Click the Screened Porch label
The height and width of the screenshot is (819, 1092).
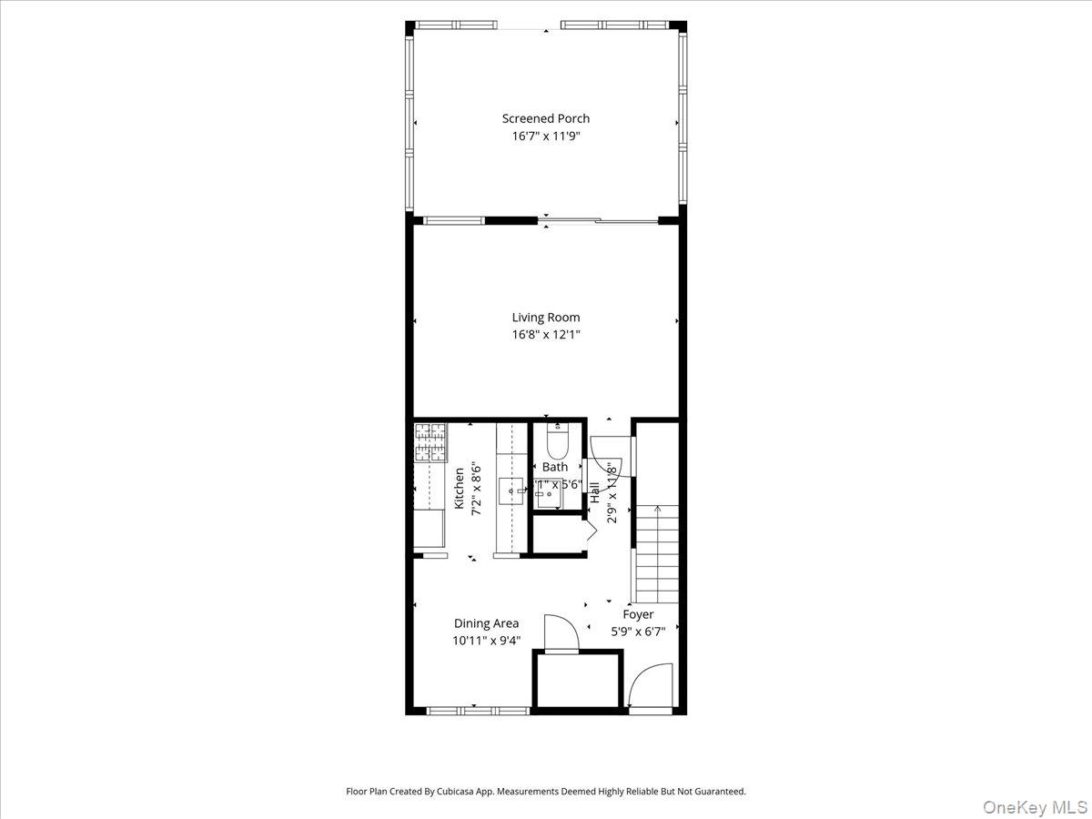coord(546,118)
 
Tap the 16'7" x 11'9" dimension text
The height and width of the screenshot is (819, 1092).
coord(546,136)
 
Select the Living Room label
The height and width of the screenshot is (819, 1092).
coord(546,318)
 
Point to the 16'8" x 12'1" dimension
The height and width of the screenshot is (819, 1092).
coord(546,335)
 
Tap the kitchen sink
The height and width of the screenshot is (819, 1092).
coord(511,491)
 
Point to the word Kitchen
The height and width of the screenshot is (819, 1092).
coord(460,489)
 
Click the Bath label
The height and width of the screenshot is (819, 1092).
coord(555,467)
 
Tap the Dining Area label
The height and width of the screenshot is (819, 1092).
coord(487,623)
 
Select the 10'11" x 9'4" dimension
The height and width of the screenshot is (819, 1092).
coord(487,640)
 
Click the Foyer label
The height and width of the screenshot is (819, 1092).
coord(638,614)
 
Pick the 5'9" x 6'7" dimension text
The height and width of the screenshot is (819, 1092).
coord(644,631)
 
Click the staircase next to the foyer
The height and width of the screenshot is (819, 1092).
coord(656,555)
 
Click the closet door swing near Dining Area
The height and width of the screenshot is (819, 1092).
coord(559,632)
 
